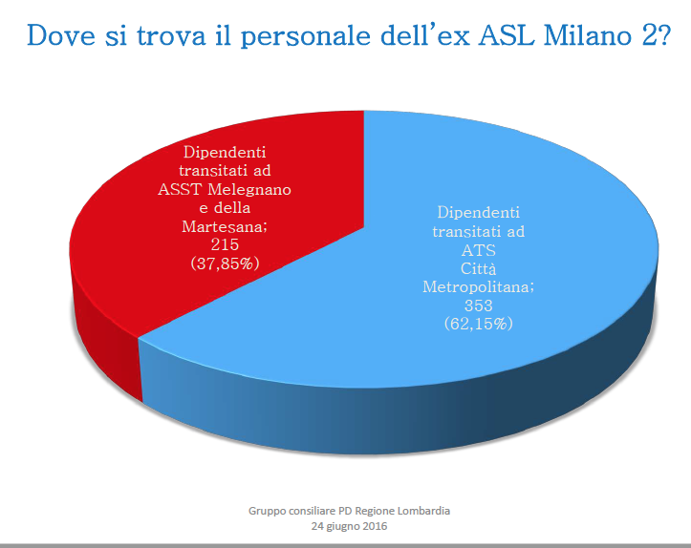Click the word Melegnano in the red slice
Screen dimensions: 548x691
tap(252, 189)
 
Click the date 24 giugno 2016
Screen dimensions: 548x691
tap(349, 526)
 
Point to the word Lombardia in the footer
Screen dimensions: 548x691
tap(423, 511)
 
